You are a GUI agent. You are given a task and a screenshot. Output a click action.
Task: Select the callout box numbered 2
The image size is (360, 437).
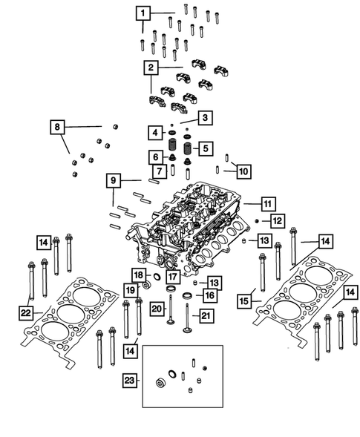[151, 68]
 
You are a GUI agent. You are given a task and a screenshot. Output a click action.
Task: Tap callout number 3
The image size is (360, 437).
[206, 118]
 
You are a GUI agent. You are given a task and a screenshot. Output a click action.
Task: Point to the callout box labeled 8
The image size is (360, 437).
[154, 133]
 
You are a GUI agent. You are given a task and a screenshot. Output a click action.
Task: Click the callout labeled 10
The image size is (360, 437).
[154, 157]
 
